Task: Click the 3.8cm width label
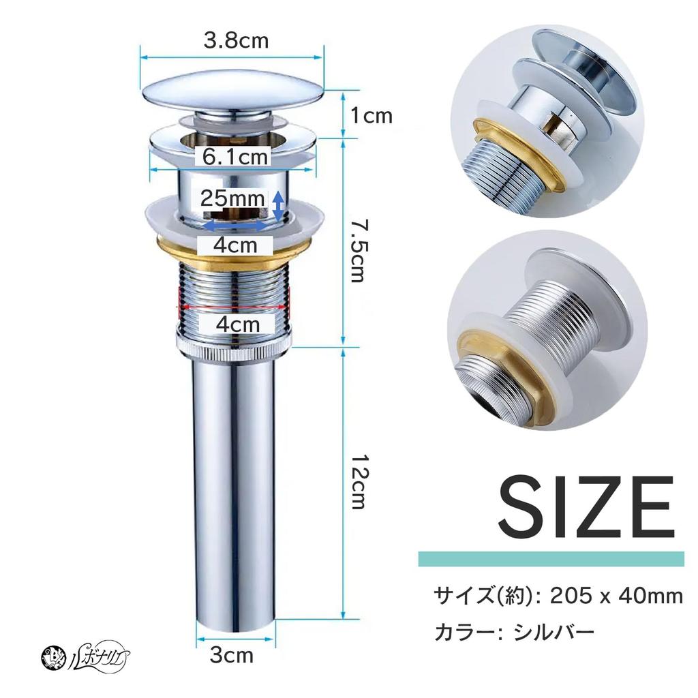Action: pos(236,41)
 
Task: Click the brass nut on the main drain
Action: pos(232,256)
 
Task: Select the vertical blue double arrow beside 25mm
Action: pos(278,206)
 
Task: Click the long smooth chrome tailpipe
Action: pos(235,491)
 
